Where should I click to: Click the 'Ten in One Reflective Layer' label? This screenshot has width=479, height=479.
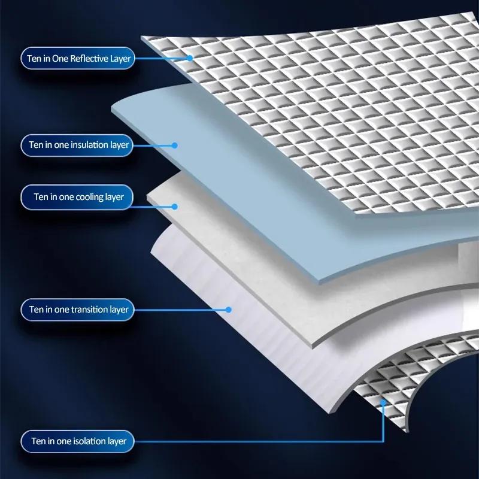point(78,58)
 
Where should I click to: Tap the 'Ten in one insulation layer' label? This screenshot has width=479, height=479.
point(78,145)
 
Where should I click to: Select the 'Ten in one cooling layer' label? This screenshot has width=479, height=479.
point(78,197)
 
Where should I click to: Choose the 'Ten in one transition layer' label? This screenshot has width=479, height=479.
point(78,310)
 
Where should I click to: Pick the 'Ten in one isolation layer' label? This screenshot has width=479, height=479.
point(78,442)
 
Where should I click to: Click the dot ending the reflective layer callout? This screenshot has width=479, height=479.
point(189,58)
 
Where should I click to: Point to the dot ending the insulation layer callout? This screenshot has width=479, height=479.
point(175,145)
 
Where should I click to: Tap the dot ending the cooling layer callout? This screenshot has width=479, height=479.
point(175,207)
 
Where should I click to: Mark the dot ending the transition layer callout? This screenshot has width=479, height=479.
point(228,310)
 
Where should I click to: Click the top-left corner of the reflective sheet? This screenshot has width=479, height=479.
point(143,38)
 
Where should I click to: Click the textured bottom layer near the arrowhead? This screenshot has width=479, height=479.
point(395,383)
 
